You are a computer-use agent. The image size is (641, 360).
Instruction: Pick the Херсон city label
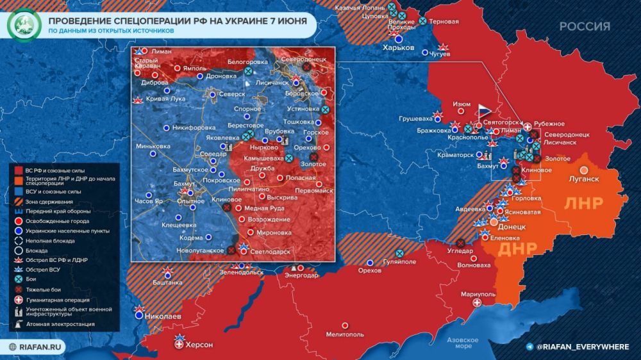point(198,345)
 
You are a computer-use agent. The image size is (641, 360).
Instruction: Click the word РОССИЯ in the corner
point(584,26)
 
